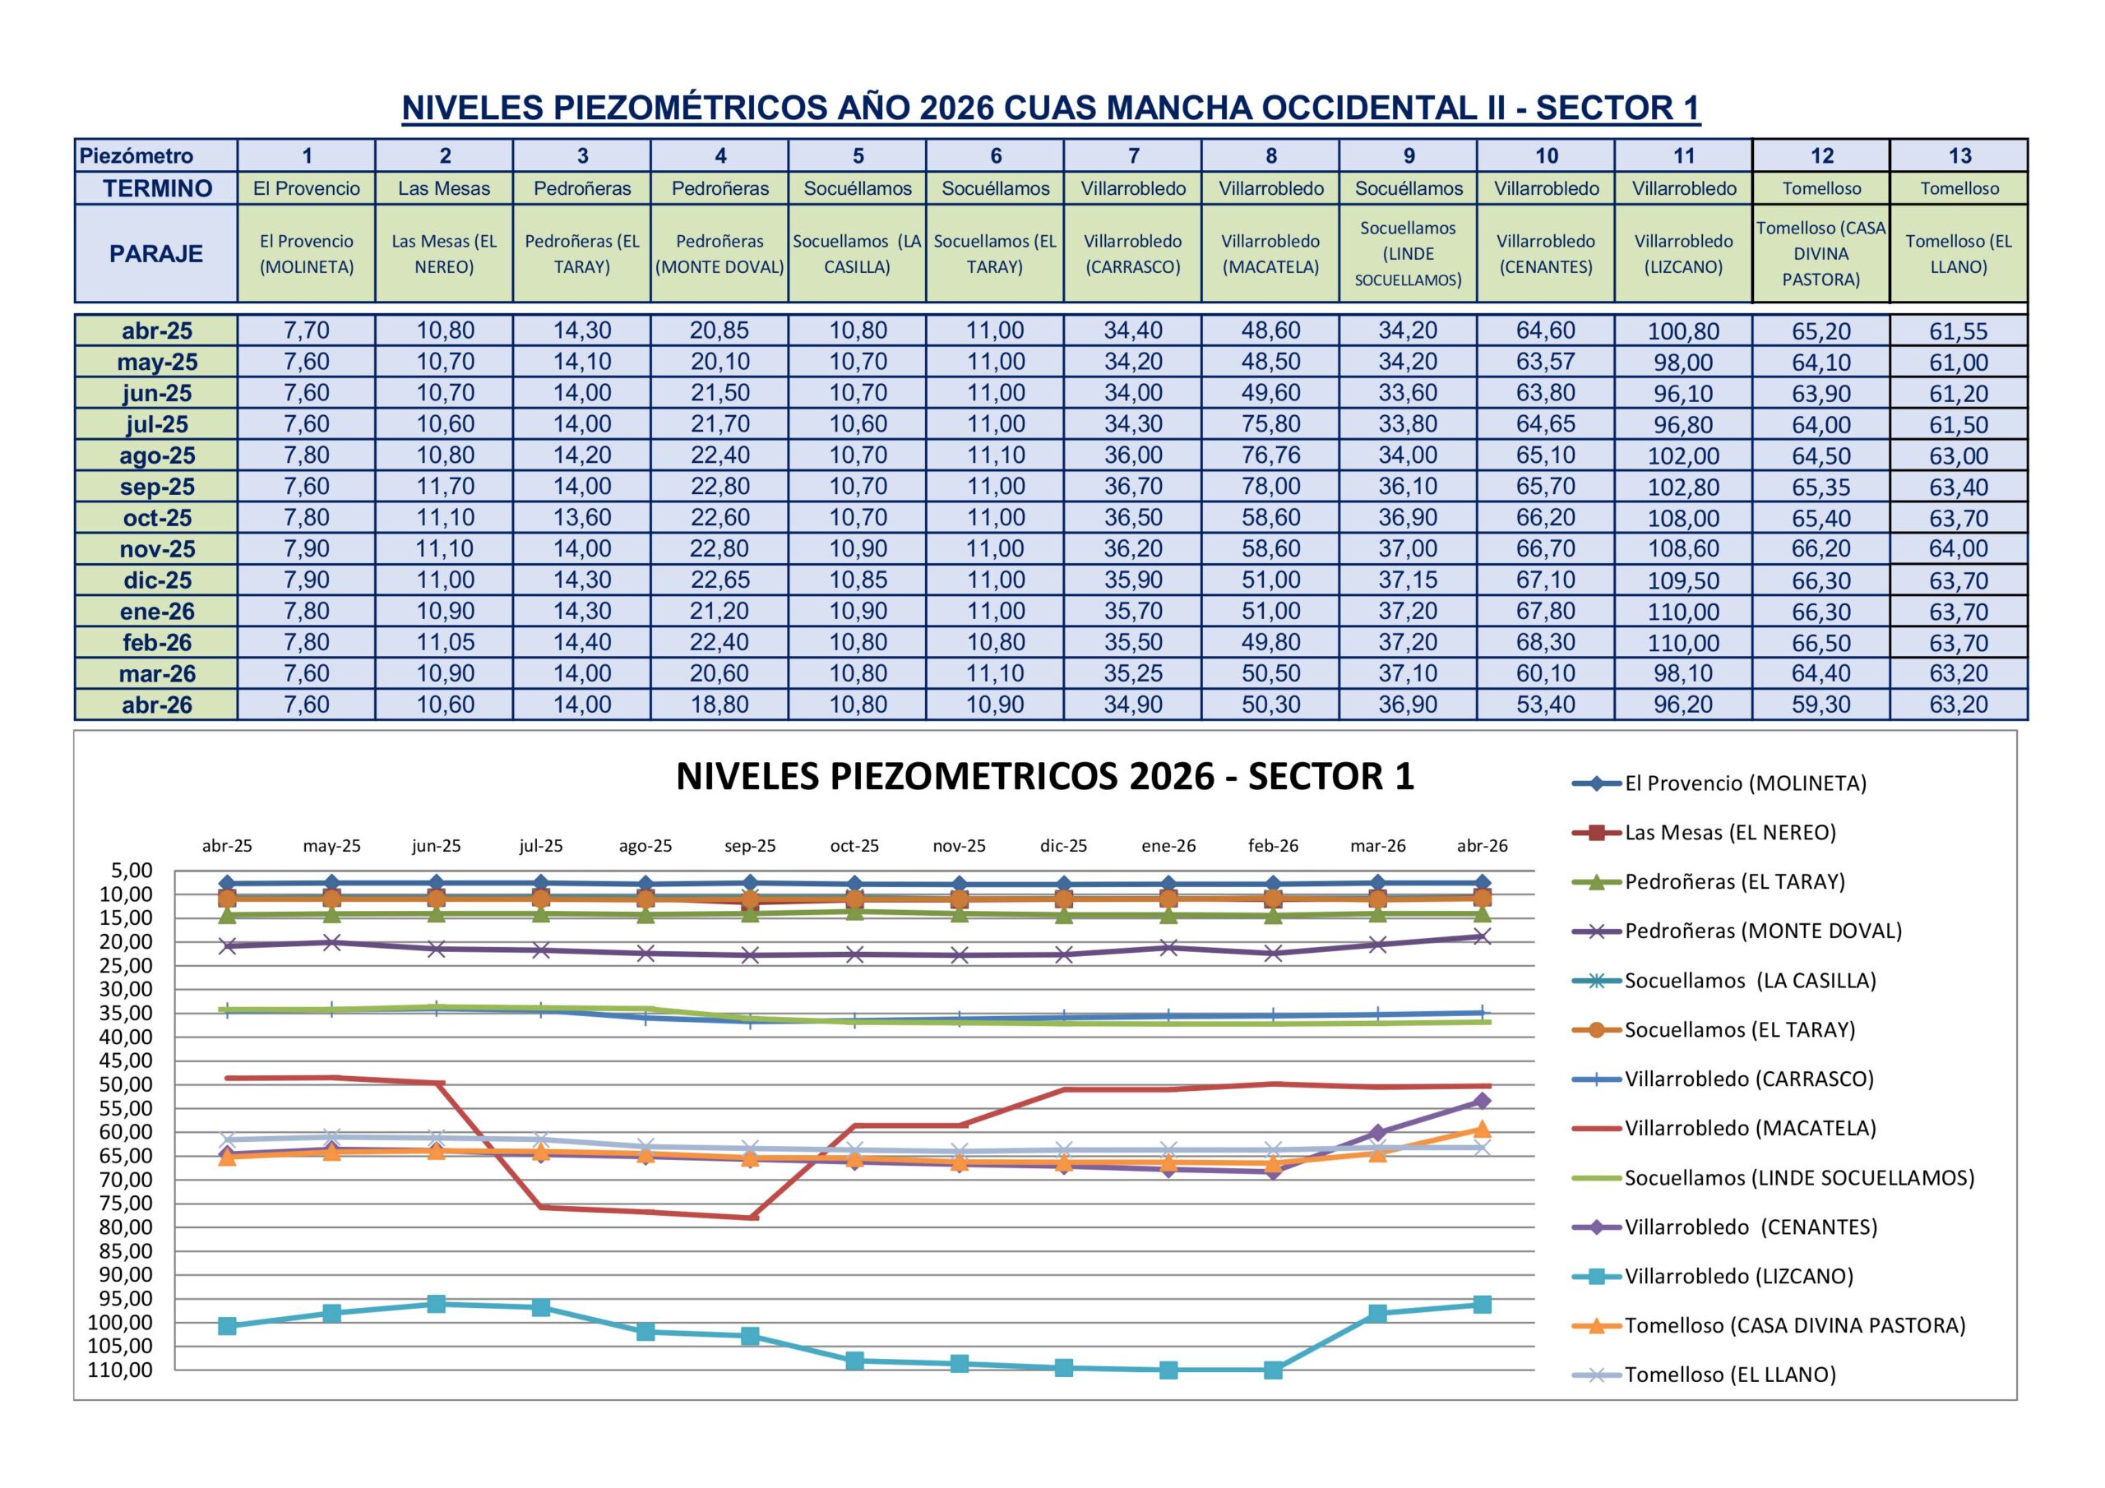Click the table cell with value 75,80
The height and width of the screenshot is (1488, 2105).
click(1270, 424)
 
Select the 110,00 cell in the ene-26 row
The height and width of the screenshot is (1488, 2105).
click(1683, 612)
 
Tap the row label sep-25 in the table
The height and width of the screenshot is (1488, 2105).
click(157, 487)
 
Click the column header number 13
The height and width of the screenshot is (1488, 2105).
click(1959, 156)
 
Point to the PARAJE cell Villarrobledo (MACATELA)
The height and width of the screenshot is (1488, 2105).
click(1270, 254)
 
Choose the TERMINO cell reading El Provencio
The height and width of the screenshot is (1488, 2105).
click(306, 189)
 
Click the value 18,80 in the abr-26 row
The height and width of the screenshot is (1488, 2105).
click(719, 705)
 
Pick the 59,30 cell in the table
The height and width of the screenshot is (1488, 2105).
click(1820, 705)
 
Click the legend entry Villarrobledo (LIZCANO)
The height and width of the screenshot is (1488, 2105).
click(1738, 1276)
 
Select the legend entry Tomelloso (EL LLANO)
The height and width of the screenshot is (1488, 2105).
click(1730, 1375)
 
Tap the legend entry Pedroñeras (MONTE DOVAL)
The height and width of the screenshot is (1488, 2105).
click(1763, 931)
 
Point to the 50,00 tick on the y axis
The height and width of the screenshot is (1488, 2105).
click(127, 1084)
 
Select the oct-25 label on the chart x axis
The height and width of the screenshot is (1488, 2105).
click(854, 846)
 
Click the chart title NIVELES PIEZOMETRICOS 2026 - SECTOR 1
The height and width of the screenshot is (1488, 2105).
click(1044, 777)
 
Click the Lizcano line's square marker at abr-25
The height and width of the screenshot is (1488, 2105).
click(228, 1327)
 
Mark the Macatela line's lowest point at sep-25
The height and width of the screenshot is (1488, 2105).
click(751, 1218)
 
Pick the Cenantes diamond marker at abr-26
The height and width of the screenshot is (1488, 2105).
click(1482, 1101)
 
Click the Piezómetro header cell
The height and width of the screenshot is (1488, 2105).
click(136, 156)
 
